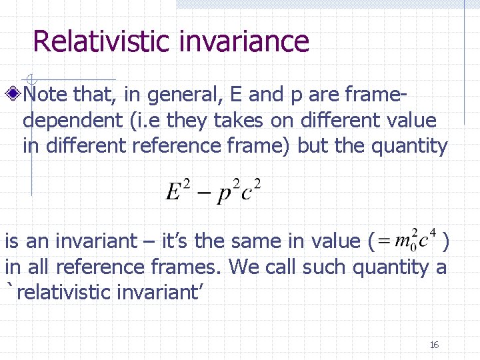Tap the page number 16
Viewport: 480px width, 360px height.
point(434,345)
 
